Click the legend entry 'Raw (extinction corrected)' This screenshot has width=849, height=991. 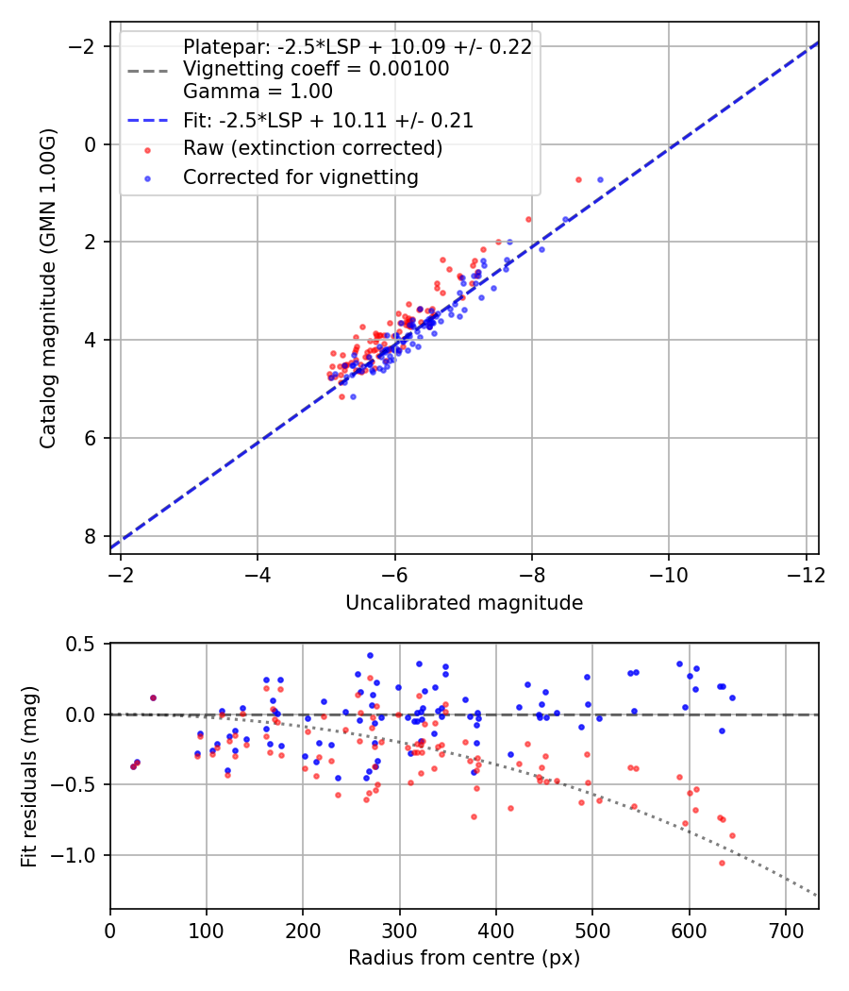tap(312, 148)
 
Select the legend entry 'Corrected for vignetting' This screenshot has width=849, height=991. tap(301, 176)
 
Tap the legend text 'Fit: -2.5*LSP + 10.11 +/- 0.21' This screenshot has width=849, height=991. tap(328, 120)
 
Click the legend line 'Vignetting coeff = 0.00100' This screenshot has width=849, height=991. tap(316, 69)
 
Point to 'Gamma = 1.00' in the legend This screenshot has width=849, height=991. tap(258, 92)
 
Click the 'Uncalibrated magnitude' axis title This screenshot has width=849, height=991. tap(464, 602)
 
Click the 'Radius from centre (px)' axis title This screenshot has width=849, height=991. tap(464, 958)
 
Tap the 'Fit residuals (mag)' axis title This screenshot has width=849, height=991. tap(28, 776)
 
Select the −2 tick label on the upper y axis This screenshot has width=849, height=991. tap(87, 46)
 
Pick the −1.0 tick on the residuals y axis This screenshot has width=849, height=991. tap(82, 855)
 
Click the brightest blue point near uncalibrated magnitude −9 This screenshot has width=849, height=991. tap(600, 179)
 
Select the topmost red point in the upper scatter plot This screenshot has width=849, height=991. tap(578, 179)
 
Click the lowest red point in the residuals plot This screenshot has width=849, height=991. tap(722, 863)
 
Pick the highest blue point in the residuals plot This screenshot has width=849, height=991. tap(370, 655)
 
